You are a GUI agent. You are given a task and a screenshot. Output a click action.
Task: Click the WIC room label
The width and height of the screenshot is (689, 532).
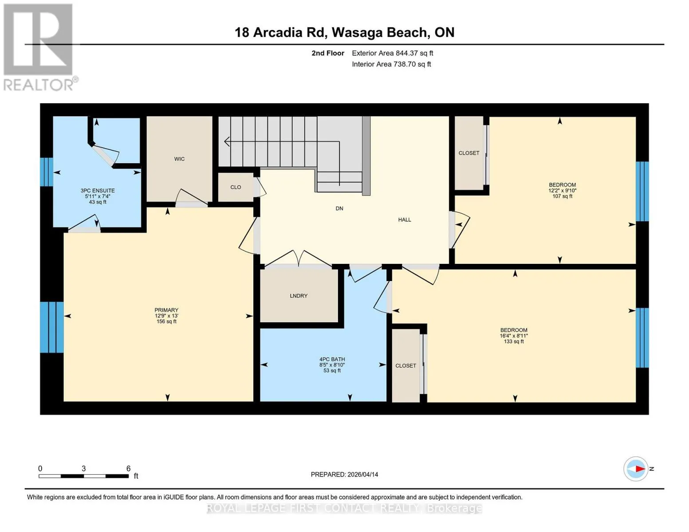(179, 159)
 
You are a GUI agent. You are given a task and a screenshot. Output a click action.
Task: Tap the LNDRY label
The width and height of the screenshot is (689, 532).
(299, 296)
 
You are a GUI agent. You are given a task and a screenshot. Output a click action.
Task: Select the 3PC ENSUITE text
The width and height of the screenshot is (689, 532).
(98, 191)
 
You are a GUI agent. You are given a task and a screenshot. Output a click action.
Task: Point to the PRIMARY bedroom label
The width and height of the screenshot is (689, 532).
(166, 310)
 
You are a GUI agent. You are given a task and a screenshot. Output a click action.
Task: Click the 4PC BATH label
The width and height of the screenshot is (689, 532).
(332, 359)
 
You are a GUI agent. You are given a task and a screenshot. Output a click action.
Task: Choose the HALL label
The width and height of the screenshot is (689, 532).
(405, 219)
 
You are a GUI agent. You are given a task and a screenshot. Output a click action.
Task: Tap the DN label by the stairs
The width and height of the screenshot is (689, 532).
(339, 208)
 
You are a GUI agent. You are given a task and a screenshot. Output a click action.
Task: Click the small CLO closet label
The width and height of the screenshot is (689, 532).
(236, 187)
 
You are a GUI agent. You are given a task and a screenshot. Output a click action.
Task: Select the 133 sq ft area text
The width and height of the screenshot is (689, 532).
(514, 341)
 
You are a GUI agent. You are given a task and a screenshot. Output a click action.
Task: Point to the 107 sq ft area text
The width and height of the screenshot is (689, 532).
(563, 196)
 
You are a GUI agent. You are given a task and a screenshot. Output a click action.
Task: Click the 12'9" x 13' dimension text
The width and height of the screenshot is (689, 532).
(166, 316)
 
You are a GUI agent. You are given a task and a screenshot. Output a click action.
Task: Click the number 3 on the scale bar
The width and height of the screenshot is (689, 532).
(84, 468)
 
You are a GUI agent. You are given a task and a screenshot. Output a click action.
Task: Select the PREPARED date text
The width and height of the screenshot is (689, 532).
(344, 474)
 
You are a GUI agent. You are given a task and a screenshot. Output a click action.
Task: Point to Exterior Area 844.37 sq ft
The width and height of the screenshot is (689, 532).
(393, 53)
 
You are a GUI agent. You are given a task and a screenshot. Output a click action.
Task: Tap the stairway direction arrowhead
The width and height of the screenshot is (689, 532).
(227, 141)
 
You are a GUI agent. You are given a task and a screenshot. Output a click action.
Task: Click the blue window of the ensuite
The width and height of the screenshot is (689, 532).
(47, 172)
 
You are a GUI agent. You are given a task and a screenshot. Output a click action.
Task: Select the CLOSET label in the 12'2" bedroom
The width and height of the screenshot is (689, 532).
(469, 153)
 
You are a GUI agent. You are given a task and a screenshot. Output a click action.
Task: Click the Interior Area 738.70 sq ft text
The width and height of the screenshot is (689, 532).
(391, 64)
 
